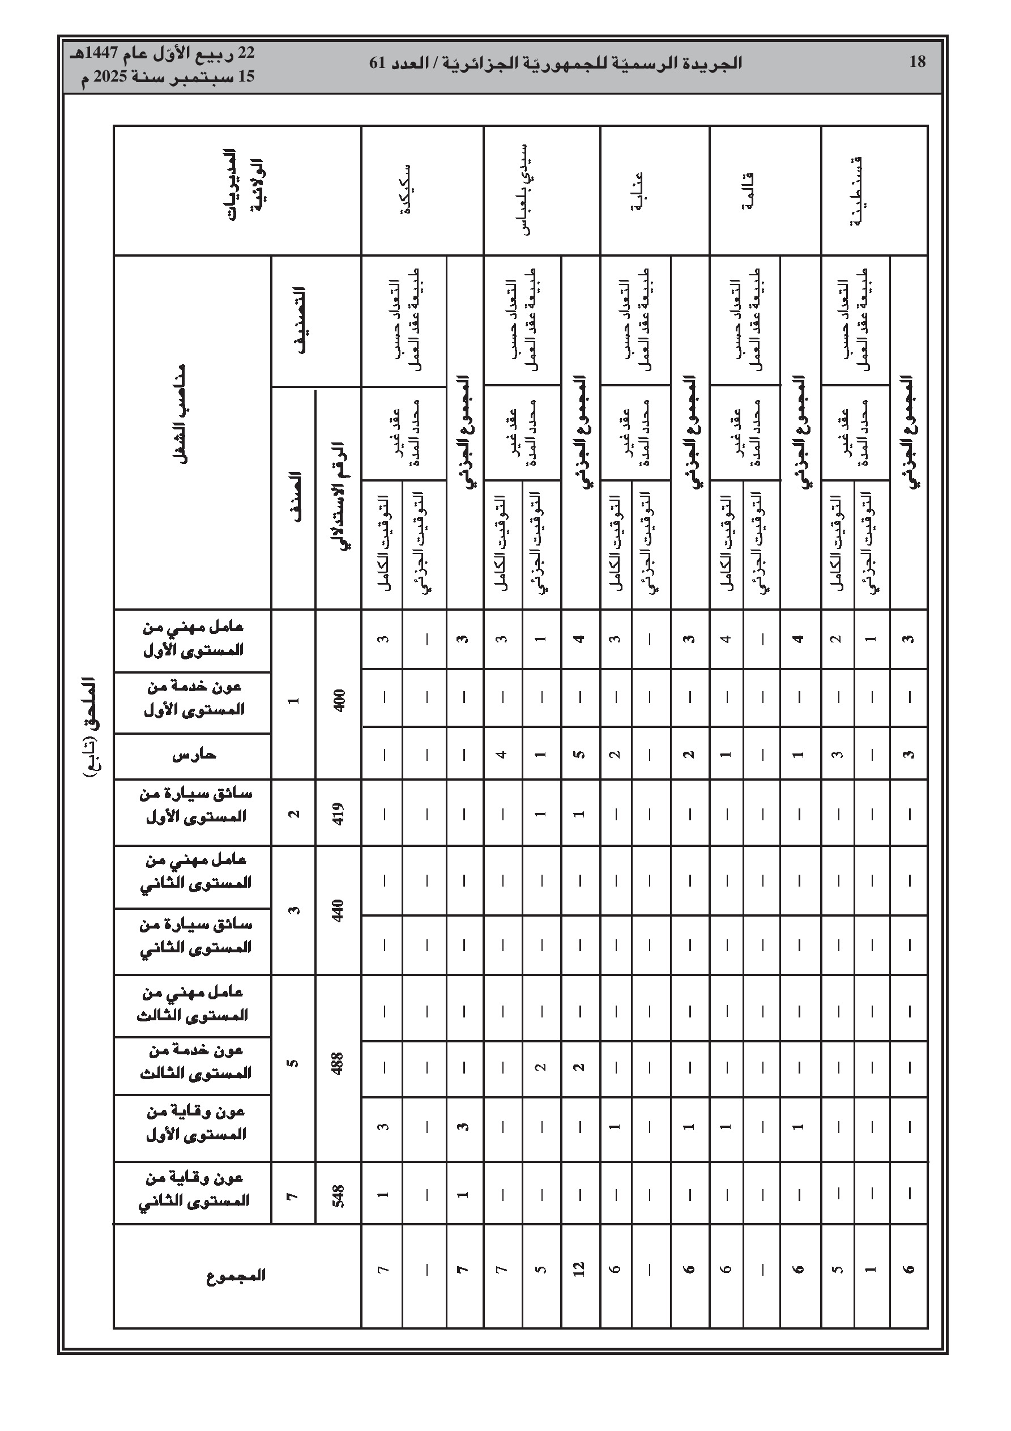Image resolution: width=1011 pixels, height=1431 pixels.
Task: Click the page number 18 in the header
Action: pyautogui.click(x=918, y=62)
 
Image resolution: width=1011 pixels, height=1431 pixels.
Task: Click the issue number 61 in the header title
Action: pyautogui.click(x=378, y=63)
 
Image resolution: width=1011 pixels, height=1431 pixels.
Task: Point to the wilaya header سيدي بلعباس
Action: pyautogui.click(x=526, y=189)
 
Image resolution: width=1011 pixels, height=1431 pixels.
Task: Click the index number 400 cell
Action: pyautogui.click(x=339, y=701)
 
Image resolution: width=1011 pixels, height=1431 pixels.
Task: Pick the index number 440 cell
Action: pyautogui.click(x=339, y=910)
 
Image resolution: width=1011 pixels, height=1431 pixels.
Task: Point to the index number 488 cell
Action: pyautogui.click(x=339, y=1068)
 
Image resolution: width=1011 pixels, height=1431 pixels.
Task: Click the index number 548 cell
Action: pyautogui.click(x=339, y=1196)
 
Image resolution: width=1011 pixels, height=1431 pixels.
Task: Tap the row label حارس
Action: pyautogui.click(x=194, y=755)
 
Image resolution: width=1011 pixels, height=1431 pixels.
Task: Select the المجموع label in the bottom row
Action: pyautogui.click(x=236, y=1275)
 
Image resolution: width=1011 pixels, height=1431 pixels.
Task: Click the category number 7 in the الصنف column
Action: pyautogui.click(x=293, y=1196)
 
